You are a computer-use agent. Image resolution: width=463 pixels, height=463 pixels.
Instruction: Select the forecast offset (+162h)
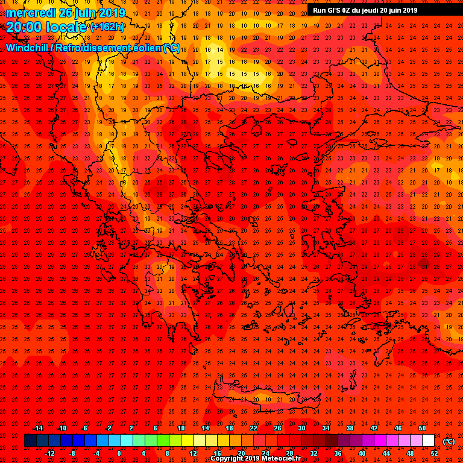(x=107, y=27)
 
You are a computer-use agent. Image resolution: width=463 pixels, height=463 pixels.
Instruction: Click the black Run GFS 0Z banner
(x=365, y=10)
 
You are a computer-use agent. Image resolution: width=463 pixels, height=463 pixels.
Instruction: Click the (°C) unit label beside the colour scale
(x=449, y=441)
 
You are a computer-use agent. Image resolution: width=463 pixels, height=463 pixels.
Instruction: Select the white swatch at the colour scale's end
(x=428, y=441)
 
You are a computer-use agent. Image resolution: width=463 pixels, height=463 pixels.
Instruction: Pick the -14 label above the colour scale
(x=37, y=428)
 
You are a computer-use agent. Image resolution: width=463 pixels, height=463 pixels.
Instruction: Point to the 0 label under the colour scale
(x=119, y=453)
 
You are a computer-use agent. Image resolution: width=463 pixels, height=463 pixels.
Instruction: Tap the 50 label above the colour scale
(x=422, y=428)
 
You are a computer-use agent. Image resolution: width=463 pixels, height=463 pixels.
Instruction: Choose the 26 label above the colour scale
(x=278, y=428)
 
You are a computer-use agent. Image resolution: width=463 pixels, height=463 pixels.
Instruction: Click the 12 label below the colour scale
(x=193, y=453)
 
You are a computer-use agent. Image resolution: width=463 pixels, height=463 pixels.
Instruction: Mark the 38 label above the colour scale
(x=350, y=428)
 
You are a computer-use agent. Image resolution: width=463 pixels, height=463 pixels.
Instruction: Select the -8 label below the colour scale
(x=73, y=453)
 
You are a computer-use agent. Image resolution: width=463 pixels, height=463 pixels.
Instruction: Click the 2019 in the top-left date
(x=111, y=13)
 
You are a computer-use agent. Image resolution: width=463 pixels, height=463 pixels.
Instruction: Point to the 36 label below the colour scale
(x=338, y=453)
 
